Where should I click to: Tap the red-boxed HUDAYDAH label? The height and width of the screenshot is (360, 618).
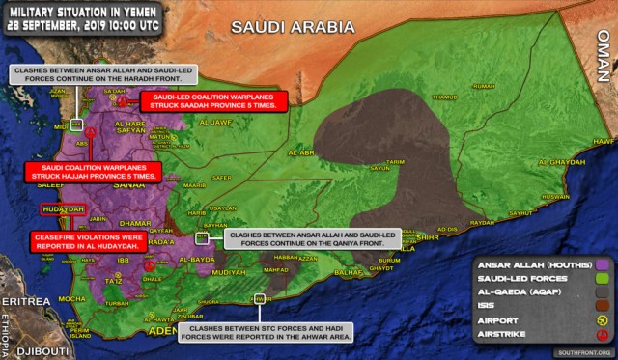click(x=63, y=208)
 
